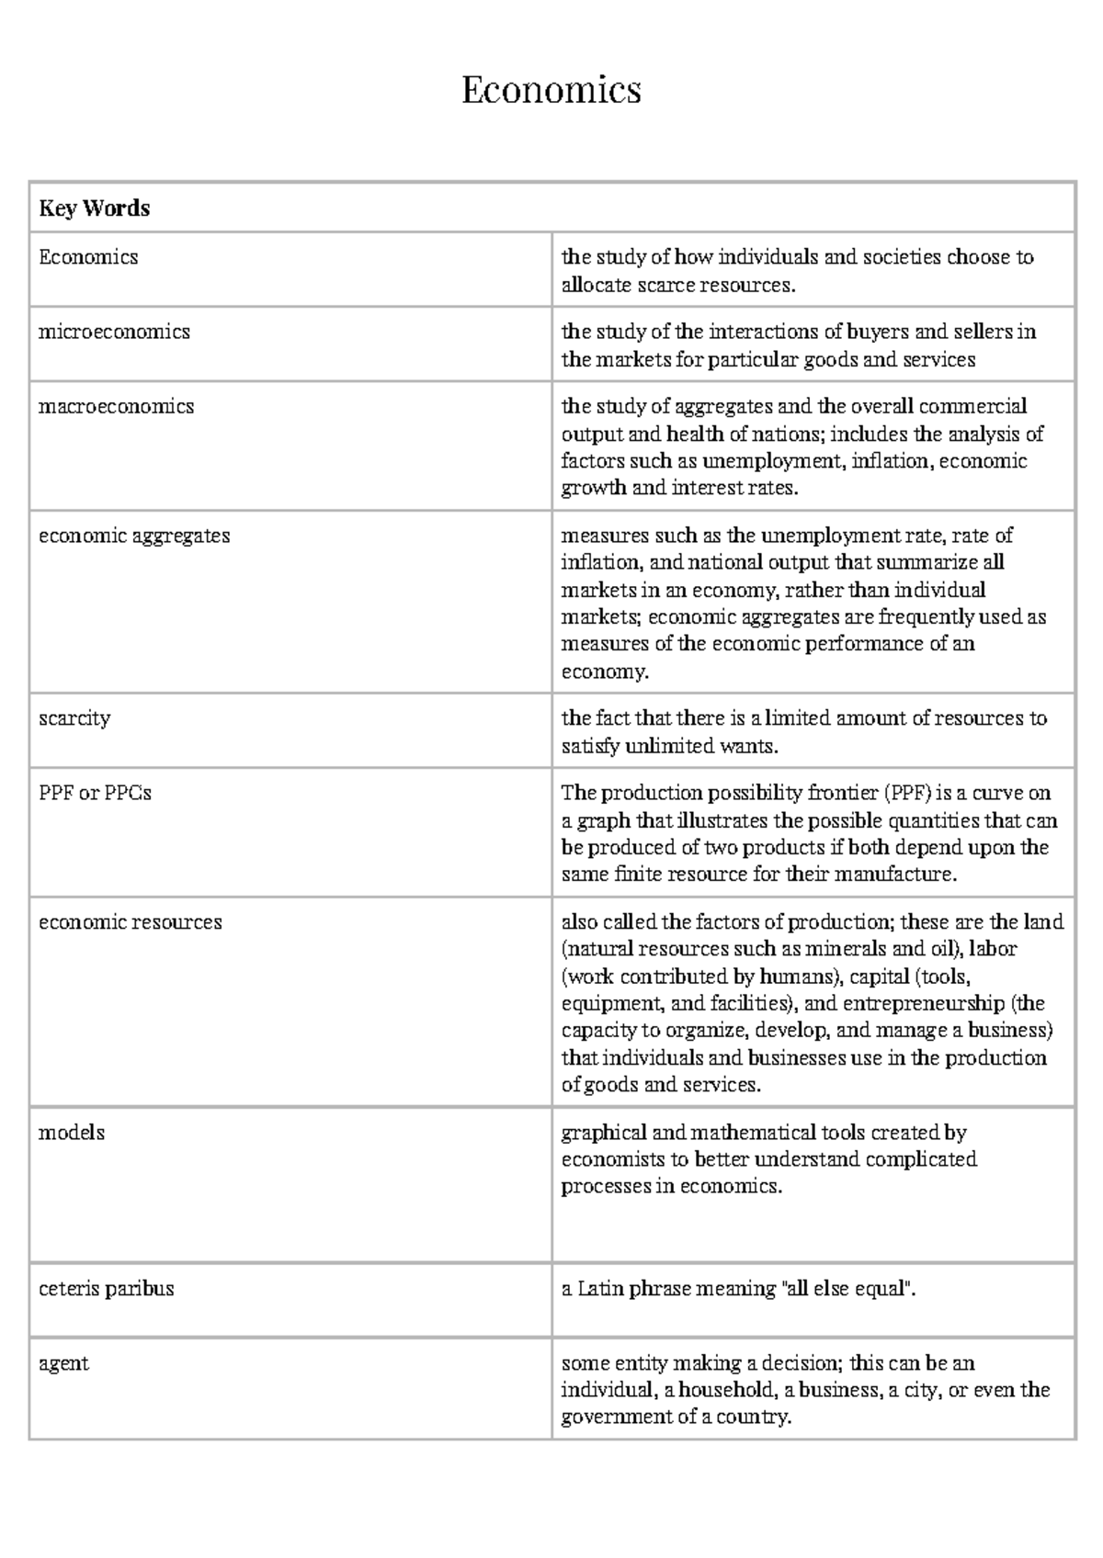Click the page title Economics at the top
(551, 90)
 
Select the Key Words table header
(94, 209)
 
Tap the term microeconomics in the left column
(114, 332)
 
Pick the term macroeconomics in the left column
(116, 406)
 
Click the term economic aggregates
(134, 536)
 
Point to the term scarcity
(74, 718)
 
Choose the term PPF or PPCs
(95, 793)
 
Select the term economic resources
(130, 922)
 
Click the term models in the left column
(72, 1133)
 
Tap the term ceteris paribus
(106, 1289)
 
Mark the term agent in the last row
(63, 1363)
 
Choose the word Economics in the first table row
(88, 257)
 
